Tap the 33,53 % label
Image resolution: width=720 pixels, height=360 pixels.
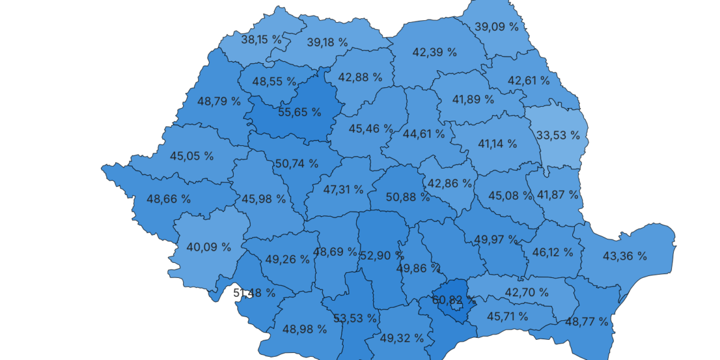tap(558, 135)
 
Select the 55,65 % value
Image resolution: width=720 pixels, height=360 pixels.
tap(299, 112)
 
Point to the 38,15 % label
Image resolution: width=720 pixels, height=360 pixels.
tap(261, 39)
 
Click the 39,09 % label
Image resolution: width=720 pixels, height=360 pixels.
tap(496, 27)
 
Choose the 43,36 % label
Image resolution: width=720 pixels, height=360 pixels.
tap(625, 256)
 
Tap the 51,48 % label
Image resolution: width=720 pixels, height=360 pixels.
tap(254, 292)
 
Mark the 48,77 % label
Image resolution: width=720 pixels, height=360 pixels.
tap(587, 321)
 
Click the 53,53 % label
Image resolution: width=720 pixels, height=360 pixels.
tap(356, 318)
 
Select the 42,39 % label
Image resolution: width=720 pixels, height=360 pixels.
tap(435, 52)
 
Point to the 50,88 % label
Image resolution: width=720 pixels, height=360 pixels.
tap(408, 197)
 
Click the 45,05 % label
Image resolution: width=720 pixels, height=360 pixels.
tap(192, 156)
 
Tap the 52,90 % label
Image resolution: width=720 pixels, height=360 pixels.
tap(382, 256)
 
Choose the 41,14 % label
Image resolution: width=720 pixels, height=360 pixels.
tap(497, 144)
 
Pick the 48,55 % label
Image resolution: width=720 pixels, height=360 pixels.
tap(274, 81)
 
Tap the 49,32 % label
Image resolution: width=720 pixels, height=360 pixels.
tap(402, 338)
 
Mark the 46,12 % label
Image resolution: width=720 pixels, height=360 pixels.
tap(553, 252)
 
